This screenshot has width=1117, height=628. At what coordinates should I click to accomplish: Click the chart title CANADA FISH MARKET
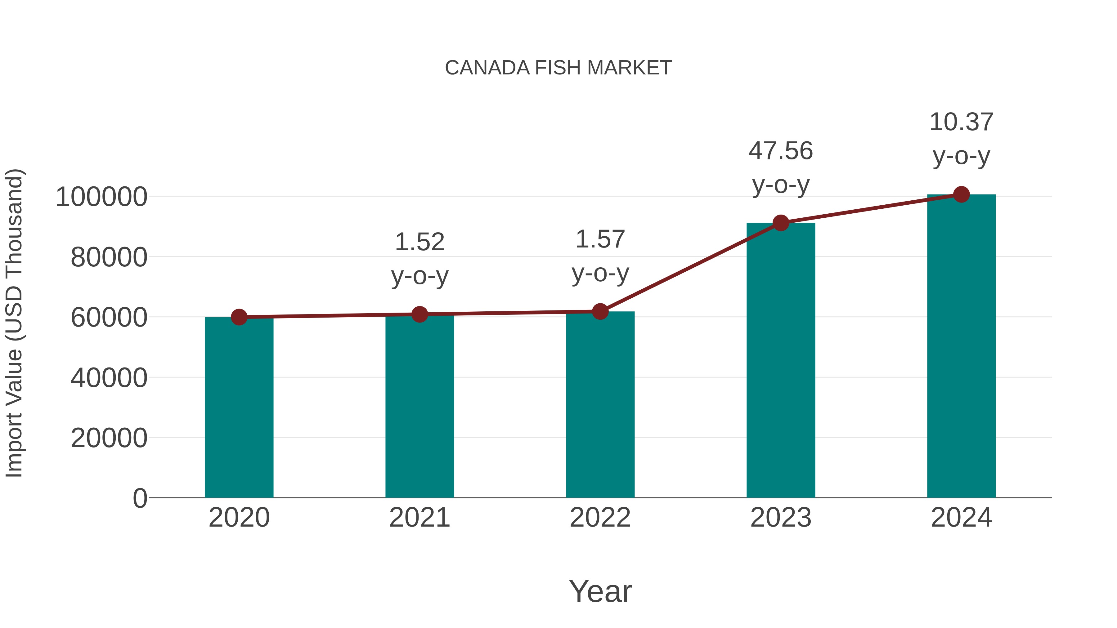(558, 68)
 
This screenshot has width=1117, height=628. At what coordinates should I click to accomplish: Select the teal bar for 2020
(239, 408)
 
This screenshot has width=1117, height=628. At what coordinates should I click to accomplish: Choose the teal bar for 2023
(781, 360)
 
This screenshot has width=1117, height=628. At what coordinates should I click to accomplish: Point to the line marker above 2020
(239, 317)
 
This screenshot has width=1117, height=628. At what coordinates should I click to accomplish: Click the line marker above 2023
(781, 223)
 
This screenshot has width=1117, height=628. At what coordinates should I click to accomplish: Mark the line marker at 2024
(961, 194)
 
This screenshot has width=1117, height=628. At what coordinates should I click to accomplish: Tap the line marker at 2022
(600, 312)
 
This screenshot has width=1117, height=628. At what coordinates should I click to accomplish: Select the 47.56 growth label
(781, 151)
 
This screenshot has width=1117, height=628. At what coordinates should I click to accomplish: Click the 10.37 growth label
(961, 122)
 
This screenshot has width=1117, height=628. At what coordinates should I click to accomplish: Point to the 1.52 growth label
(419, 242)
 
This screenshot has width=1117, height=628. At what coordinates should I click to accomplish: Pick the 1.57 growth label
(600, 239)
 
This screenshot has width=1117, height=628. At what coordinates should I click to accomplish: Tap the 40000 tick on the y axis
(109, 377)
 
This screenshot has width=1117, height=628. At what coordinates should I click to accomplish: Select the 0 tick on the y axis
(140, 498)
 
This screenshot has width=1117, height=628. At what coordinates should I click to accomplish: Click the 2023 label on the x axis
(781, 518)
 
